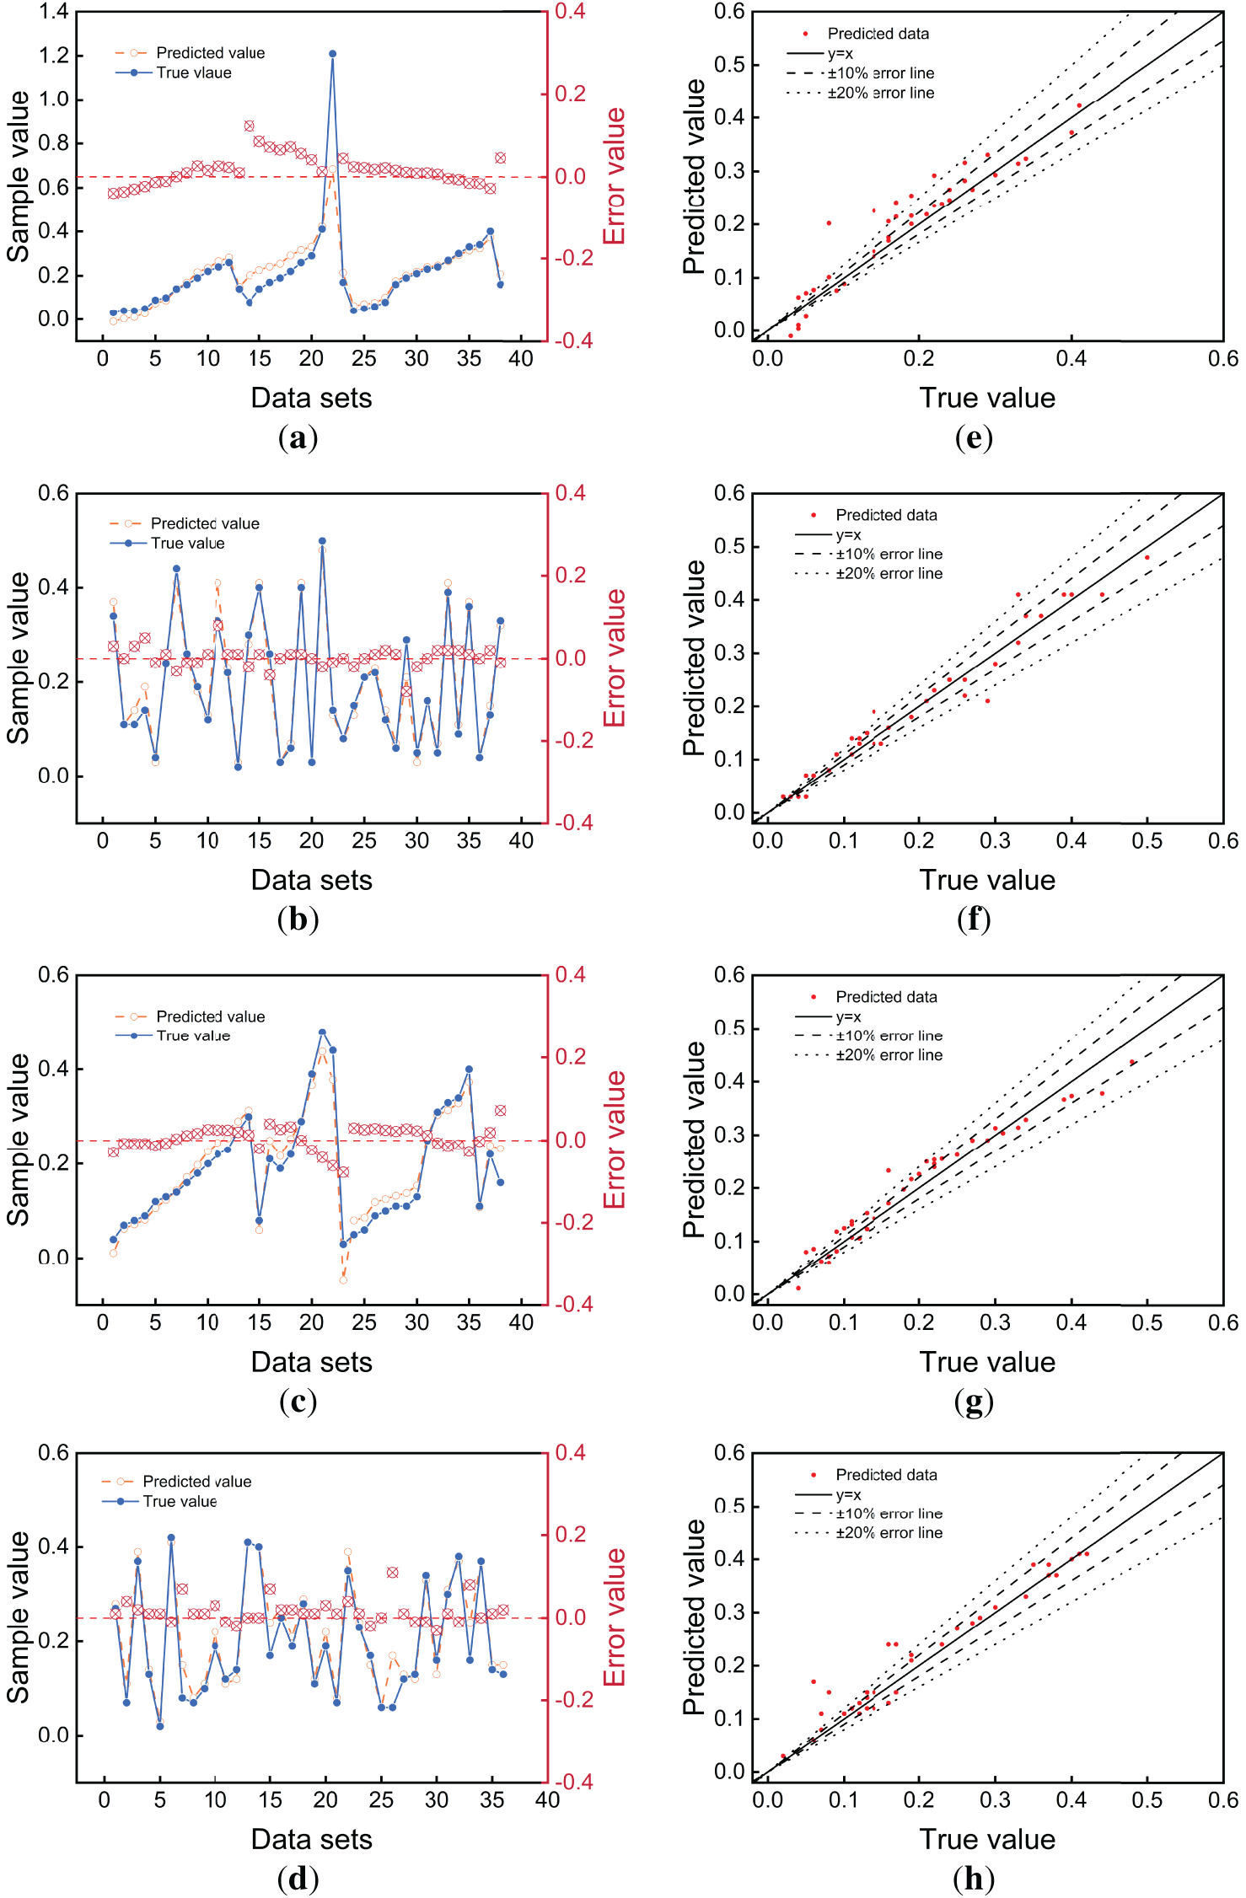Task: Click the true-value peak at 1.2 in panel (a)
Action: [x=332, y=54]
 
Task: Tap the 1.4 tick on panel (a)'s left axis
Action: [x=54, y=12]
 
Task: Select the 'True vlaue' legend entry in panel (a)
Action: [x=193, y=72]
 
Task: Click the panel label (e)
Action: [x=974, y=437]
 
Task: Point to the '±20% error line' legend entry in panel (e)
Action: [x=880, y=93]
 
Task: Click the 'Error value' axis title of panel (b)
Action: [x=615, y=658]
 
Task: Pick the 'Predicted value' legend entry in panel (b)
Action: [x=204, y=523]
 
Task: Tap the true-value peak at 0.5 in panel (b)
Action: [x=322, y=541]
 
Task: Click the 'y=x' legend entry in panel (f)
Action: [x=848, y=534]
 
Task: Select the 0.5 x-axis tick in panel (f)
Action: [x=1147, y=840]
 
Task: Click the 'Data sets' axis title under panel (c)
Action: [x=311, y=1362]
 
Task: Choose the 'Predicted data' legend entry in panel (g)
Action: [x=886, y=997]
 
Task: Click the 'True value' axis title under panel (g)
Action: [x=987, y=1362]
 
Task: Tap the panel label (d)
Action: [x=298, y=1879]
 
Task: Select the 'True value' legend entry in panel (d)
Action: [x=180, y=1501]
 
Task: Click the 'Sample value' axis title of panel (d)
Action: [x=19, y=1617]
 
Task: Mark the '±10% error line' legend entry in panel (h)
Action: [x=889, y=1514]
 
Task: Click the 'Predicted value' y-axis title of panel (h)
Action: [x=694, y=1617]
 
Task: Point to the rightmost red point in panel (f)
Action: [x=1147, y=557]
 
